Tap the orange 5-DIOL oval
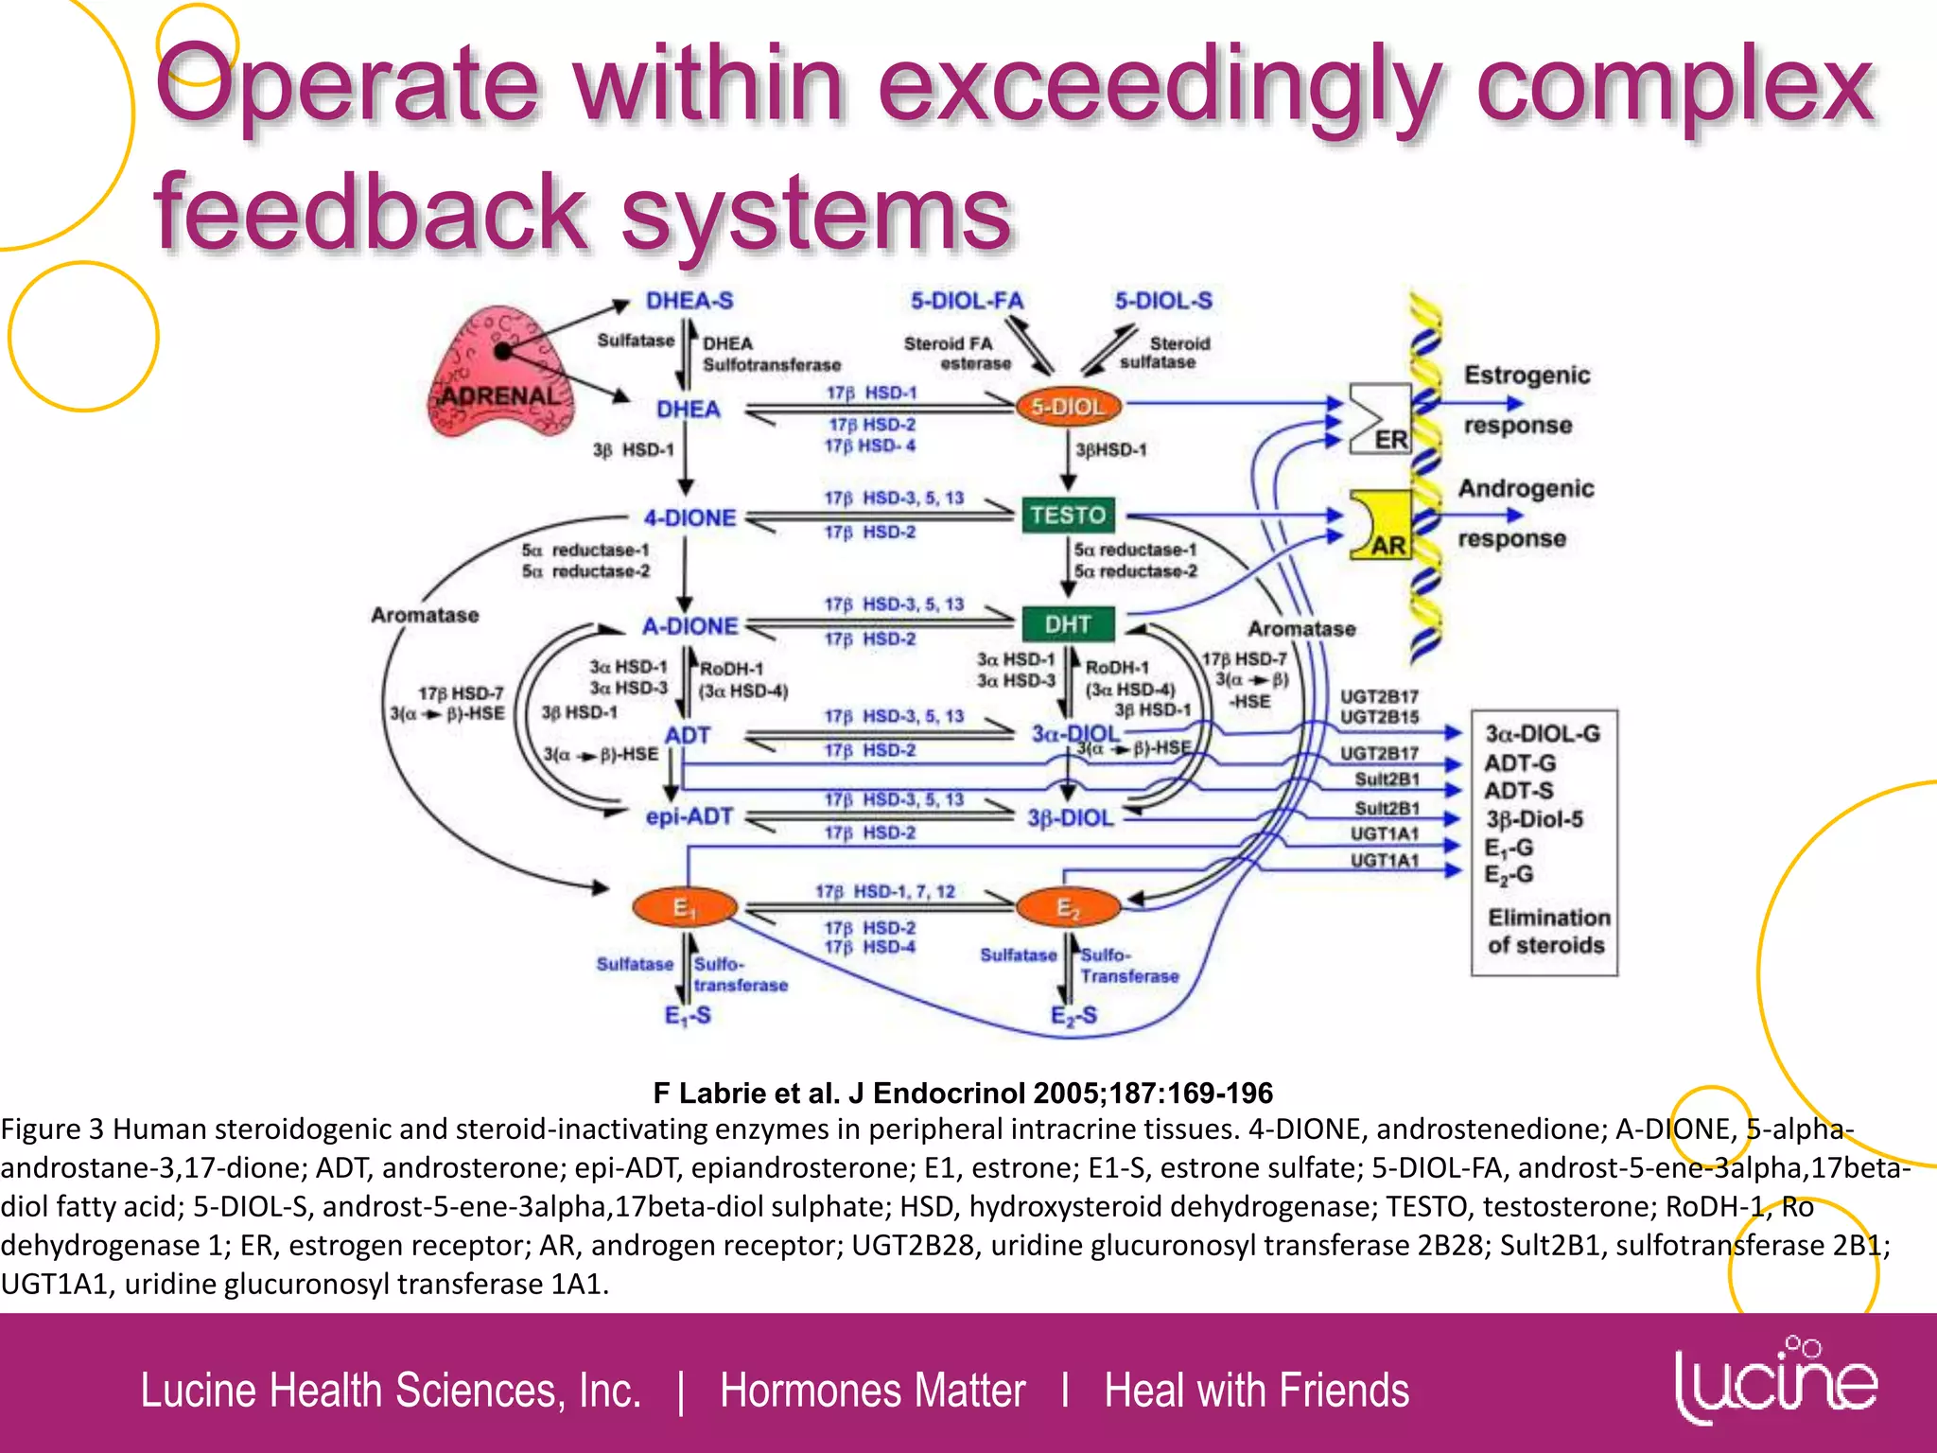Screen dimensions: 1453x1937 click(x=1068, y=407)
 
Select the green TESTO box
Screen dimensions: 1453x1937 click(x=1068, y=516)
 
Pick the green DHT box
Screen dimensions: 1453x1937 click(x=1068, y=624)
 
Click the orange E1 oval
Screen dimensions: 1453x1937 click(x=684, y=908)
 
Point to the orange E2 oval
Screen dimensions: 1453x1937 click(x=1068, y=908)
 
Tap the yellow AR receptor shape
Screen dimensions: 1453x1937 click(x=1382, y=525)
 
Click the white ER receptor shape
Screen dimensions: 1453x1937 click(x=1380, y=418)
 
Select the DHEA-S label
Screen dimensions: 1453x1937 click(x=689, y=301)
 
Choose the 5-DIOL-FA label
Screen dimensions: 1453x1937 click(x=967, y=301)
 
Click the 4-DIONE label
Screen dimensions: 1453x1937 click(x=689, y=517)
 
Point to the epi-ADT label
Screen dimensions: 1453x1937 click(x=689, y=815)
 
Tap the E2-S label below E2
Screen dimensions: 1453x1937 click(x=1073, y=1016)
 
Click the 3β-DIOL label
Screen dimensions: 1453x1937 click(x=1071, y=817)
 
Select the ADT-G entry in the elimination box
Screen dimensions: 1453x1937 click(x=1520, y=762)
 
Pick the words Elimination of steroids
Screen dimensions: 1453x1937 click(x=1547, y=931)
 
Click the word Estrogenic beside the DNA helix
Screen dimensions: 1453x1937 click(x=1527, y=375)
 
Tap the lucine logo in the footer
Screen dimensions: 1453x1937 click(x=1775, y=1383)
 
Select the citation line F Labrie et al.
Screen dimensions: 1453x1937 click(x=963, y=1094)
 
